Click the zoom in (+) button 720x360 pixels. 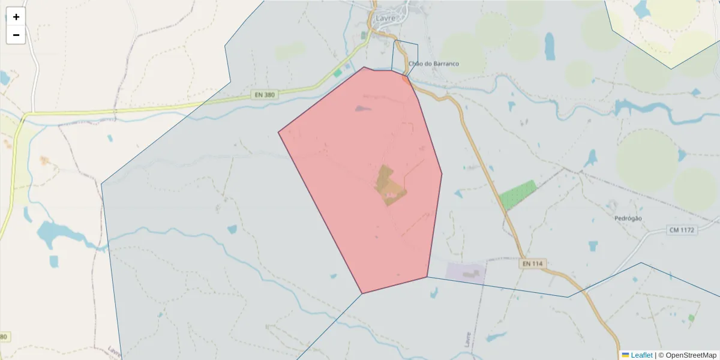[16, 17]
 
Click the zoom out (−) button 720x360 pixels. [16, 35]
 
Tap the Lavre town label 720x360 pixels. [385, 18]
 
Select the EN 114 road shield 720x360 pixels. [532, 263]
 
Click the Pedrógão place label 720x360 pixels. [628, 218]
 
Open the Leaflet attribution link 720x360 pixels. [641, 355]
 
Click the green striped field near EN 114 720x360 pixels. [518, 194]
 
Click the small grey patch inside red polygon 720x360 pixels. [362, 109]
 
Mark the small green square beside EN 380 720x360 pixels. [337, 73]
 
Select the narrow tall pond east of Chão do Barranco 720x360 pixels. [550, 46]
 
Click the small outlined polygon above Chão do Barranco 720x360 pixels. [405, 56]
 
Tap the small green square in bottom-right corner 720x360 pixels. [691, 317]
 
